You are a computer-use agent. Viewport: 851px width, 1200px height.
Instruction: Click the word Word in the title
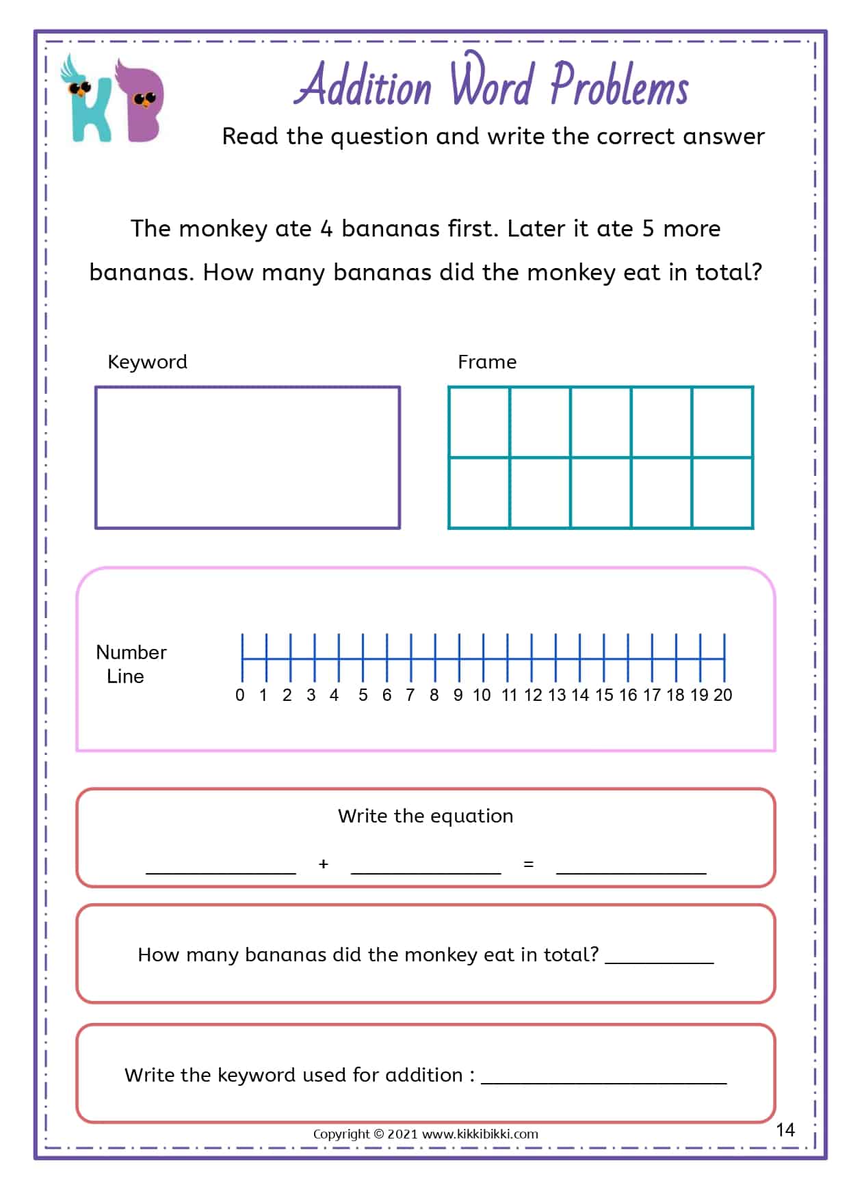pyautogui.click(x=491, y=83)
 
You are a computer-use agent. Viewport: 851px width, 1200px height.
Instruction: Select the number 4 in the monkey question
pyautogui.click(x=326, y=228)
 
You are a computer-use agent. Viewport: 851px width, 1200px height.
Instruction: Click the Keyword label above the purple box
pyautogui.click(x=147, y=362)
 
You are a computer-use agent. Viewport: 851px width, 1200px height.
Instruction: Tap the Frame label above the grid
pyautogui.click(x=486, y=362)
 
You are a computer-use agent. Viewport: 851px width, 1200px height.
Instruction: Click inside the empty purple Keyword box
pyautogui.click(x=247, y=457)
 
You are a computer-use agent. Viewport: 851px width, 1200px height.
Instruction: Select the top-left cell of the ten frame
pyautogui.click(x=479, y=421)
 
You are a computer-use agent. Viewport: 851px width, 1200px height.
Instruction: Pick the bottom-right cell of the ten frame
pyautogui.click(x=722, y=493)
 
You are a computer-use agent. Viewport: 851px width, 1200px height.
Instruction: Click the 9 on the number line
pyautogui.click(x=458, y=695)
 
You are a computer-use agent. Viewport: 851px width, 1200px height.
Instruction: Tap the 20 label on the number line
pyautogui.click(x=722, y=695)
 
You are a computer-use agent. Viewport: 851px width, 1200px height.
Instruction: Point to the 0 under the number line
pyautogui.click(x=239, y=695)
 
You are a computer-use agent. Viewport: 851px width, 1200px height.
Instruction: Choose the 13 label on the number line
pyautogui.click(x=556, y=695)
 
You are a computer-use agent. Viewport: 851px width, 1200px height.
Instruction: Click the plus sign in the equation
pyautogui.click(x=324, y=864)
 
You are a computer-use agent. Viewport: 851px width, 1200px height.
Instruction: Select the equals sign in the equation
pyautogui.click(x=528, y=864)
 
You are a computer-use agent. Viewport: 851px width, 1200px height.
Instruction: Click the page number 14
pyautogui.click(x=785, y=1130)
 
